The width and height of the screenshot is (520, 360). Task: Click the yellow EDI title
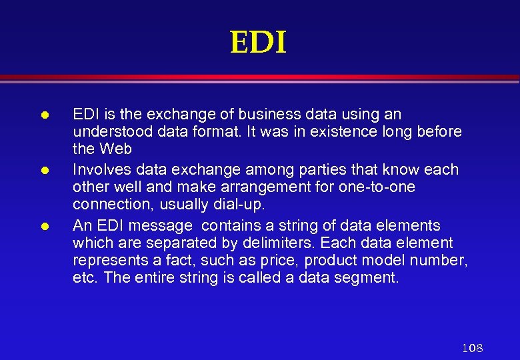coord(258,43)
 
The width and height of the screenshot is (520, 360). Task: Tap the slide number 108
coord(472,348)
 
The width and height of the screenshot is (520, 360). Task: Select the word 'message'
coord(163,225)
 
